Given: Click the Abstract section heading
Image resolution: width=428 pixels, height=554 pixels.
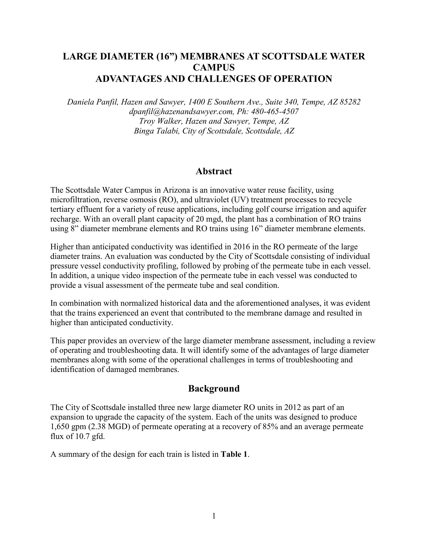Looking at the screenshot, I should click(x=214, y=171).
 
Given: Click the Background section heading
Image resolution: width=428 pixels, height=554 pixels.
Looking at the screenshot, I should click(x=214, y=388).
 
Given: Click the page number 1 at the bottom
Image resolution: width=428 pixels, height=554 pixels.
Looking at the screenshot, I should click(x=214, y=516).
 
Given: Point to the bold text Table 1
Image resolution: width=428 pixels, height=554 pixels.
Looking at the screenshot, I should click(x=234, y=454).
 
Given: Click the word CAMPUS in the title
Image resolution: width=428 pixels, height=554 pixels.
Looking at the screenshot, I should click(x=214, y=67).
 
